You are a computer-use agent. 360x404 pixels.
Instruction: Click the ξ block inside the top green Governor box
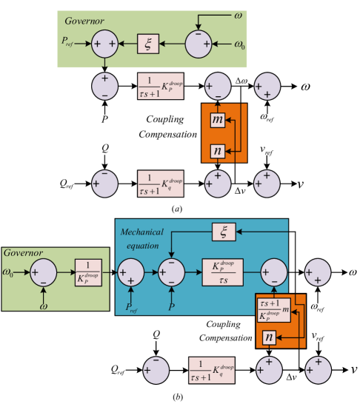coord(148,44)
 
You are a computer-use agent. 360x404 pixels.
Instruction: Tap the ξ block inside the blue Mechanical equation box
coord(224,232)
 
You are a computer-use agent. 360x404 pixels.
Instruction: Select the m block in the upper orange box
coord(216,120)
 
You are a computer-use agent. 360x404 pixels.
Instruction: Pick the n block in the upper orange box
coord(216,151)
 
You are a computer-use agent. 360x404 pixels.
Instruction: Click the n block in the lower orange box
coord(270,337)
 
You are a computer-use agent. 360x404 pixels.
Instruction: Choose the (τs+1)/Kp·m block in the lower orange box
coord(272,309)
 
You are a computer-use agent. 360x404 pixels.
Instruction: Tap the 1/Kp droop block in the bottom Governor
coord(87,273)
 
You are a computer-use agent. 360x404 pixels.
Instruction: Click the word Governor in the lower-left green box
coord(24,253)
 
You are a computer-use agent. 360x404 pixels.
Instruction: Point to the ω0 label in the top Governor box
coord(239,44)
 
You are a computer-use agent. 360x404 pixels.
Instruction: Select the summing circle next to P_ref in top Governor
coord(105,44)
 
